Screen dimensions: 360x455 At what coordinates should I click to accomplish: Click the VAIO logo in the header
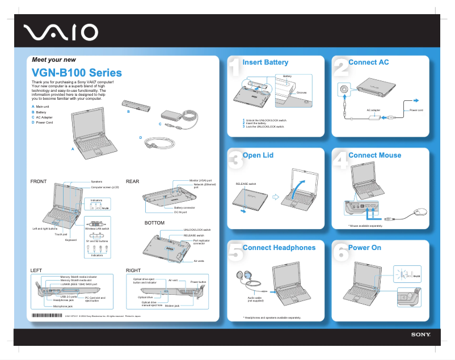(x=61, y=33)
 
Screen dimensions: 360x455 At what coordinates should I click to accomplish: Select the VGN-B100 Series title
(x=77, y=73)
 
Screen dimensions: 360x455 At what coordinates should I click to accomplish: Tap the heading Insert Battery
(x=265, y=62)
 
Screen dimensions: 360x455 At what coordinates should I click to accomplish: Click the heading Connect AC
(x=369, y=62)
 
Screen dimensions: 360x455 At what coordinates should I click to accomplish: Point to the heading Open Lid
(x=258, y=155)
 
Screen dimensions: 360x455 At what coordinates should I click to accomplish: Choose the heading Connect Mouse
(x=374, y=155)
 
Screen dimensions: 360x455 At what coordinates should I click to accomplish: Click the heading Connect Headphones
(x=279, y=248)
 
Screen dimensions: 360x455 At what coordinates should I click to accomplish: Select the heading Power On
(x=365, y=248)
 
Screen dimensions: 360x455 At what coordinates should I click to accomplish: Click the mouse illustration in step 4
(x=420, y=211)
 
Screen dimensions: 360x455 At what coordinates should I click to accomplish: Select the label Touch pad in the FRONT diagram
(x=61, y=234)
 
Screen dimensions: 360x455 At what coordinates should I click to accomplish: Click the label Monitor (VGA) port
(x=202, y=180)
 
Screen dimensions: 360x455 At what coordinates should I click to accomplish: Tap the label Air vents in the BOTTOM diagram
(x=199, y=261)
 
